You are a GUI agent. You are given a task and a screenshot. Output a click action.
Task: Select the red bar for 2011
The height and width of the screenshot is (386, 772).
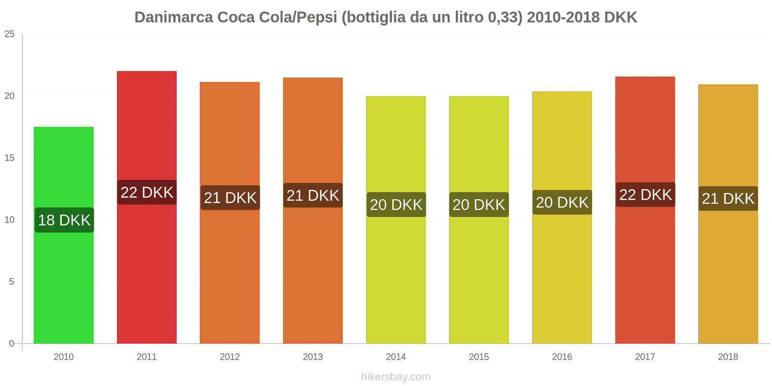[x=147, y=270]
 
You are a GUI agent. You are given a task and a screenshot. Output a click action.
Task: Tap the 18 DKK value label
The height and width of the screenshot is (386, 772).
[x=64, y=220]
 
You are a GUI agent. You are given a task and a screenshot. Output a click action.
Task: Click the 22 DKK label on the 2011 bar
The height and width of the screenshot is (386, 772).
[x=147, y=193]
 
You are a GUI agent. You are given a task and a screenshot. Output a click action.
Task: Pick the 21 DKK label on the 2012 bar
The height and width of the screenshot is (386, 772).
[x=230, y=198]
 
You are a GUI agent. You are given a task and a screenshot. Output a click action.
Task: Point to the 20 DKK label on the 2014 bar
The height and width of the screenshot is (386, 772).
[x=396, y=205]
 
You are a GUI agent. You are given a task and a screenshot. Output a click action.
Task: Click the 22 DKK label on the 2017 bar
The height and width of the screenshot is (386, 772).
[x=646, y=195]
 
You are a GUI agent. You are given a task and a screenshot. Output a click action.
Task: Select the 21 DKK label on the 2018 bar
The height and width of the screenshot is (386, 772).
[x=728, y=198]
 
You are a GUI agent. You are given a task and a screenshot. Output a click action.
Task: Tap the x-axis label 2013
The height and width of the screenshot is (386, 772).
[x=313, y=357]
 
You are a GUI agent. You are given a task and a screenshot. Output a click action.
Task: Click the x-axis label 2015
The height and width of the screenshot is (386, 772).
[x=479, y=357]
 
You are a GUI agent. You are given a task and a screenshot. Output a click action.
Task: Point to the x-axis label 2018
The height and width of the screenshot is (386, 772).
[x=728, y=357]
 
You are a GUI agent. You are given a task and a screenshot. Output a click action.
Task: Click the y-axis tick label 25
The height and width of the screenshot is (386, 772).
[x=10, y=34]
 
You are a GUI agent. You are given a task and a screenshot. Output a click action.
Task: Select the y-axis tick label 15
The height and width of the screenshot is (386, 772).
[x=10, y=158]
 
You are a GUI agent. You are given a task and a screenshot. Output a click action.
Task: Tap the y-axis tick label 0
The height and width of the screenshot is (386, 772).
[x=12, y=344]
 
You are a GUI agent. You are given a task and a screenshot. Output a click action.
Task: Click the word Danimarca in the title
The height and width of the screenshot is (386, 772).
[x=173, y=17]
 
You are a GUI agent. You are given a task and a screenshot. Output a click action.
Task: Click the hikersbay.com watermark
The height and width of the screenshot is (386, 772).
[x=396, y=377]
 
